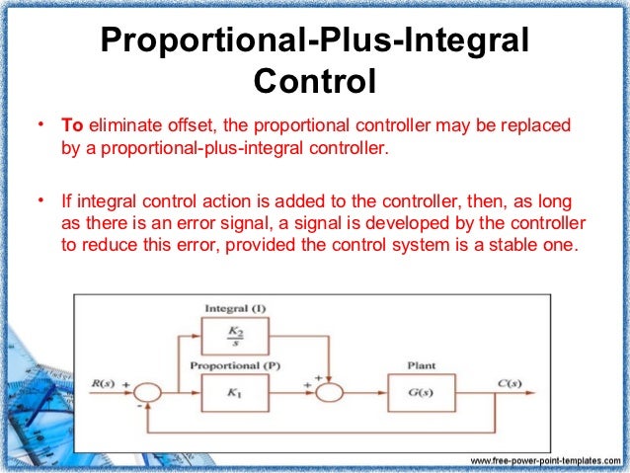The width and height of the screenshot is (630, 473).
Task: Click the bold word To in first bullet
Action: [x=73, y=127]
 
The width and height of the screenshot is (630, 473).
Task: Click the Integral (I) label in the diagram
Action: [x=234, y=308]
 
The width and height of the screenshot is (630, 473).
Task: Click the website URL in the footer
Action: [x=546, y=461]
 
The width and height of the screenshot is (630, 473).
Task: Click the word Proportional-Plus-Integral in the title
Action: [x=315, y=41]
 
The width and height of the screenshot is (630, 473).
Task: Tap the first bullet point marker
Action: [x=40, y=126]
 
